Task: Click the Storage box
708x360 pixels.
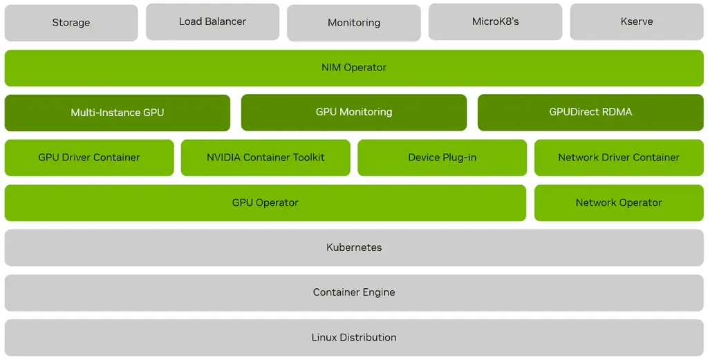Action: tap(71, 23)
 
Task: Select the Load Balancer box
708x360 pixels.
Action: tap(212, 21)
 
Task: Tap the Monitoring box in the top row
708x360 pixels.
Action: tap(354, 23)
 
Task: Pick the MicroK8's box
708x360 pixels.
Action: tap(495, 21)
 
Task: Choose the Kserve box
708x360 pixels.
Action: tap(637, 21)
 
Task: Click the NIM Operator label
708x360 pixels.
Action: tap(354, 68)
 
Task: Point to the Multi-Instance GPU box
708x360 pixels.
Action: tap(118, 113)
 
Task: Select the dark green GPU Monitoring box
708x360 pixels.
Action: tap(354, 112)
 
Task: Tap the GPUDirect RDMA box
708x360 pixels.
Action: tap(590, 112)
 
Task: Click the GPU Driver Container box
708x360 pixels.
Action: tap(89, 158)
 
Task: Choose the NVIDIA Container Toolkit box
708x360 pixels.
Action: tap(265, 158)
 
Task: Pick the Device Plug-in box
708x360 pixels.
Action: tap(442, 158)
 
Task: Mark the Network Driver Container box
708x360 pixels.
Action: tap(619, 158)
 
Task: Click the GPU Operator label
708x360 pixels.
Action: tap(265, 202)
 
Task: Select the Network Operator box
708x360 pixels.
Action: tap(619, 202)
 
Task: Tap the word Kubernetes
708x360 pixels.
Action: tap(354, 247)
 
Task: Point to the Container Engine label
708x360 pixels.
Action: tap(354, 292)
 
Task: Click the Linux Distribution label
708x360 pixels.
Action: tap(354, 337)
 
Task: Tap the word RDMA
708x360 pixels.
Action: tap(617, 112)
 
